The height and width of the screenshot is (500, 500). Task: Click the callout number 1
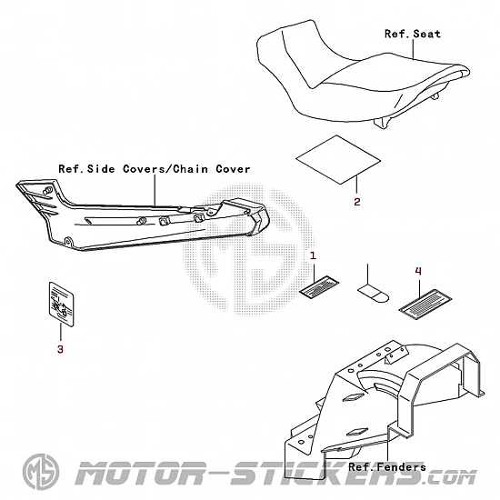(x=313, y=255)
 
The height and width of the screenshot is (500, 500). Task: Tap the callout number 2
(x=357, y=202)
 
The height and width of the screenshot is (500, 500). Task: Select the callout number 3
(x=60, y=349)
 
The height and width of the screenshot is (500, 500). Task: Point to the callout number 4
(x=418, y=271)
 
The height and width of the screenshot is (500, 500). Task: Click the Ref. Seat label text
(x=413, y=34)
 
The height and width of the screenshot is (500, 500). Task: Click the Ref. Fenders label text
(x=387, y=467)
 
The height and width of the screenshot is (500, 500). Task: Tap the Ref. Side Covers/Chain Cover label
(x=155, y=169)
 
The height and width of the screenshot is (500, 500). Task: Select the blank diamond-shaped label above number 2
(x=338, y=159)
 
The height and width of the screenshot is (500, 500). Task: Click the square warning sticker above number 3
(x=61, y=305)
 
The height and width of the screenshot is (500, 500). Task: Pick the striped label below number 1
(x=319, y=288)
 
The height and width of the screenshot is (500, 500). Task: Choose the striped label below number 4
(x=425, y=305)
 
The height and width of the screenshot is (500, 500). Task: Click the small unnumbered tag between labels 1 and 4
(x=373, y=294)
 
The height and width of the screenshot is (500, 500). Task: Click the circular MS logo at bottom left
(x=41, y=472)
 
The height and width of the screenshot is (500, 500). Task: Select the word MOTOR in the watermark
(x=140, y=474)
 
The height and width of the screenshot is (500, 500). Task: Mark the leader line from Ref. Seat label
(x=414, y=49)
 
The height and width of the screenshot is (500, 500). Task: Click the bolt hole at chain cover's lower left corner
(x=67, y=241)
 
